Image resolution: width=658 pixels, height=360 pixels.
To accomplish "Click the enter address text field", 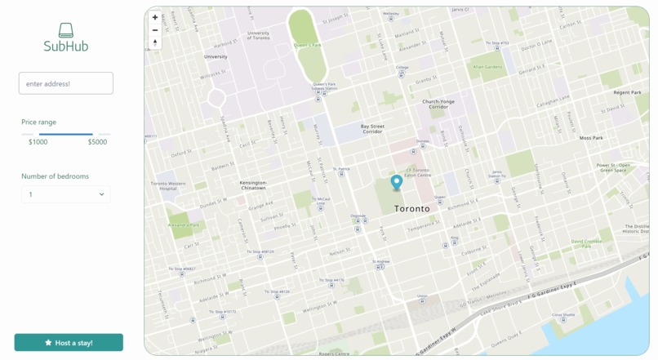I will (65, 83).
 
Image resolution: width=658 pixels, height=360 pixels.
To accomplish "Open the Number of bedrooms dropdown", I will (65, 194).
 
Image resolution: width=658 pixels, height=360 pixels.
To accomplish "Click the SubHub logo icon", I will (66, 30).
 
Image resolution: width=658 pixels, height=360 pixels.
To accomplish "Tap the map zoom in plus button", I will (155, 17).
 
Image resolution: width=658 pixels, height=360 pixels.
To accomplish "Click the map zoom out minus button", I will (155, 30).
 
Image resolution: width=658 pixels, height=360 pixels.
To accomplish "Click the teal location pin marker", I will (397, 183).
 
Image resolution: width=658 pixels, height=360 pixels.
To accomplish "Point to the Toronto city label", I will (411, 209).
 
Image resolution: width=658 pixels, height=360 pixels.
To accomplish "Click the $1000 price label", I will (38, 142).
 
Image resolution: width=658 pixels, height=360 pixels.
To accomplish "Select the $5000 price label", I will (97, 142).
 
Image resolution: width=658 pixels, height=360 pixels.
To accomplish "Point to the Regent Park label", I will (627, 93).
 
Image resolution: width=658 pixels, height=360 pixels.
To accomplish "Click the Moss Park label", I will (591, 138).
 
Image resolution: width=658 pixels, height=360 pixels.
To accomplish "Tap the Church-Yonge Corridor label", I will (438, 104).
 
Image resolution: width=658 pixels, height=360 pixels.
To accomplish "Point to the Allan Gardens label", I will (487, 67).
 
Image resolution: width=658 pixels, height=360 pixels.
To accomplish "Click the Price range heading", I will (39, 122).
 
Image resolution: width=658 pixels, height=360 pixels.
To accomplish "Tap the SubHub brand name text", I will (66, 47).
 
